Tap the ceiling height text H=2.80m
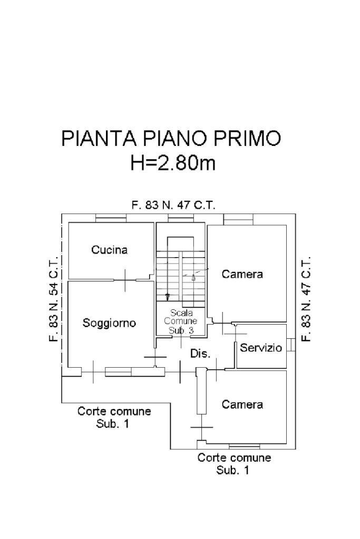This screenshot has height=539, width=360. point(173,163)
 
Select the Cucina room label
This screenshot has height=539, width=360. point(109,250)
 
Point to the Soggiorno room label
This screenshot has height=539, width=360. point(109,323)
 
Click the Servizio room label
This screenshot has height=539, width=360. point(261,348)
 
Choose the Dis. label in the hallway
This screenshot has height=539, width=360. point(200,354)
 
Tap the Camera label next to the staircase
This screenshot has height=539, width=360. point(242,274)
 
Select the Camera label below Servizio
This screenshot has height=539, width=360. point(242,405)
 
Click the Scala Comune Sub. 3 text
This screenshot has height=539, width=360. point(181,321)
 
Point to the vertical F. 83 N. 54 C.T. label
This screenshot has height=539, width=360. point(53,299)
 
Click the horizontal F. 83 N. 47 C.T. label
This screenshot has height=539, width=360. point(173,205)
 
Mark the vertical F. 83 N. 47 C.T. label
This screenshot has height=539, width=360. point(306,299)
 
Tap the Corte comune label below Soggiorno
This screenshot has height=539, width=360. point(114,417)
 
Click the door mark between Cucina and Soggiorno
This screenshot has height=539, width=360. point(125,280)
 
